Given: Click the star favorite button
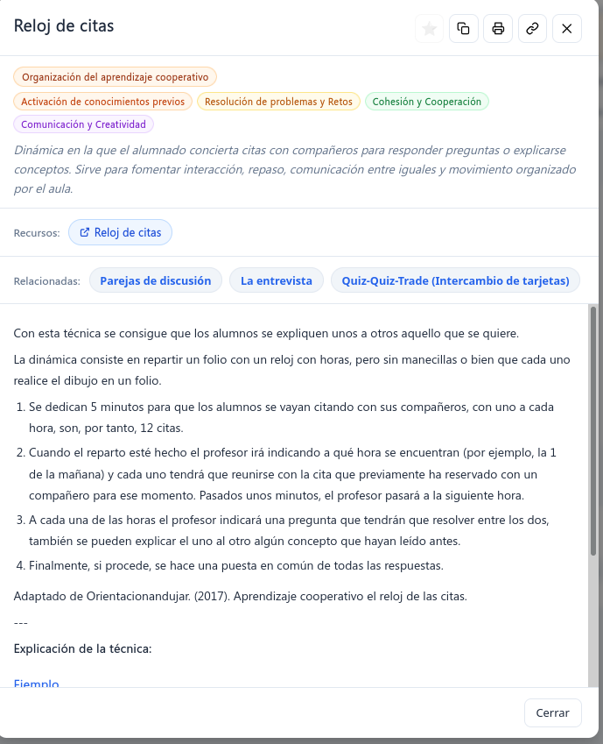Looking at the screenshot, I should pyautogui.click(x=429, y=29).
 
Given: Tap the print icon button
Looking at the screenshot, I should pyautogui.click(x=498, y=29).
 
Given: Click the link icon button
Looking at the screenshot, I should pyautogui.click(x=532, y=29).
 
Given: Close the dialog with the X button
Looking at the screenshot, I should pyautogui.click(x=566, y=29).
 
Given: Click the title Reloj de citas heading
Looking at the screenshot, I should pyautogui.click(x=64, y=26).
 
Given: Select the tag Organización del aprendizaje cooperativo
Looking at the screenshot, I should pyautogui.click(x=116, y=77).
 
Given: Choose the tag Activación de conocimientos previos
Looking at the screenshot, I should pyautogui.click(x=103, y=102).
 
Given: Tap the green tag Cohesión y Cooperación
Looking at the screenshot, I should pyautogui.click(x=427, y=102).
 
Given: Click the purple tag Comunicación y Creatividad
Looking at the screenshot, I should pyautogui.click(x=84, y=124).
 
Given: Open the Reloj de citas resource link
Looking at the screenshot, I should pyautogui.click(x=121, y=232).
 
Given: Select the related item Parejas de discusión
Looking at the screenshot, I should pyautogui.click(x=156, y=280).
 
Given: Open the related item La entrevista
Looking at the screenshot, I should pyautogui.click(x=277, y=280).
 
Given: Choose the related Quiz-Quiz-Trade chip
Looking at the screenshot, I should pyautogui.click(x=455, y=280).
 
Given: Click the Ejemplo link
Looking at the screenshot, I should pyautogui.click(x=37, y=683).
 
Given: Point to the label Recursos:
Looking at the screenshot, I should pyautogui.click(x=37, y=233).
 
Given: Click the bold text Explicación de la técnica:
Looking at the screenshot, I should pyautogui.click(x=83, y=648).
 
